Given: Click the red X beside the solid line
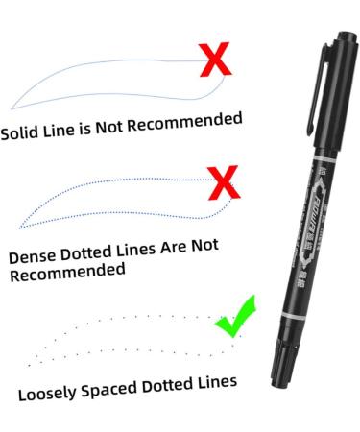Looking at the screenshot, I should (x=218, y=60).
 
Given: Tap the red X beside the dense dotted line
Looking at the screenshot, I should (x=223, y=180).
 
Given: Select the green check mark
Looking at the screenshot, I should (x=234, y=316).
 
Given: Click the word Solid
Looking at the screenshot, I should (x=20, y=132).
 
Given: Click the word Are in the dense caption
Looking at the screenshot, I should (x=156, y=248).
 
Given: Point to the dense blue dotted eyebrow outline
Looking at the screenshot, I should (x=115, y=200).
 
